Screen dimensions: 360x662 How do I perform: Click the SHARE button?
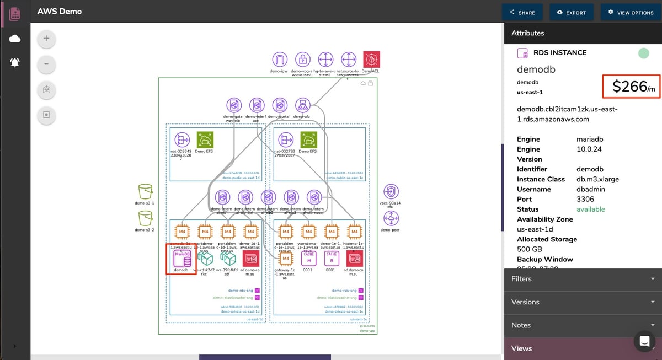522,12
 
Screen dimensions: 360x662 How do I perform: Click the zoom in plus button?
46,39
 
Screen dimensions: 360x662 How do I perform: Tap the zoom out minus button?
46,65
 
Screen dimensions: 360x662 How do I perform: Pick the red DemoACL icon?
371,60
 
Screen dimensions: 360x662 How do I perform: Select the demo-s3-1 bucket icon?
145,192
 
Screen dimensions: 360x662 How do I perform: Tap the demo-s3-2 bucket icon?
145,218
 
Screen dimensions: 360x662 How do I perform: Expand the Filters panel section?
583,279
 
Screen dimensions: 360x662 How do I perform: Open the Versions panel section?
583,302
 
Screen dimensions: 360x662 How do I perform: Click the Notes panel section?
583,325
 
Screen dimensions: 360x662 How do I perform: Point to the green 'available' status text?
590,209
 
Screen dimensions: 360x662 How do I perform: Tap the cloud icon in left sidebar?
15,39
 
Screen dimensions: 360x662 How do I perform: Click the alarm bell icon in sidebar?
15,63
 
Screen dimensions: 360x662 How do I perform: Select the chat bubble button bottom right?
643,342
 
